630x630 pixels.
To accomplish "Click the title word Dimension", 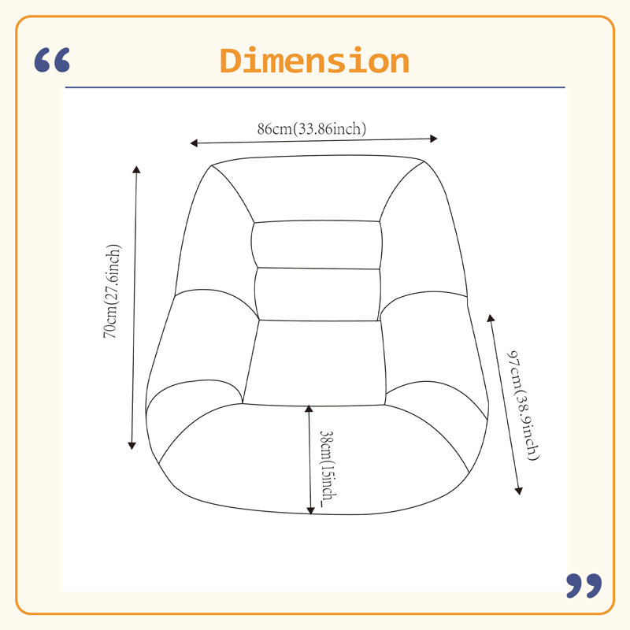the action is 314,61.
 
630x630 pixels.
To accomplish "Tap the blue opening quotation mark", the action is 52,61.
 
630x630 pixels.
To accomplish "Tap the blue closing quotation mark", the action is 584,586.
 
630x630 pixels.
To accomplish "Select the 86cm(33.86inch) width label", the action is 312,128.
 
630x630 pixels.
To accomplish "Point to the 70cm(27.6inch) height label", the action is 112,291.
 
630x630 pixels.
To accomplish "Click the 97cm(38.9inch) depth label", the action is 522,405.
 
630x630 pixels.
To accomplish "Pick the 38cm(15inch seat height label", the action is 328,468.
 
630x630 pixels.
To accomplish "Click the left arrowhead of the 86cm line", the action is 194,143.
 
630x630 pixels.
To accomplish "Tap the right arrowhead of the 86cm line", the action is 434,139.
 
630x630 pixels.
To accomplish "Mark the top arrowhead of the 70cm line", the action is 136,169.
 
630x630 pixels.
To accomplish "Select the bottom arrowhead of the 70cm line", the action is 132,446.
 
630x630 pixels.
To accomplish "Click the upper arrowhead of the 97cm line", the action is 491,318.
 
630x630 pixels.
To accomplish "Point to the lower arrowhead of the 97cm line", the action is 519,491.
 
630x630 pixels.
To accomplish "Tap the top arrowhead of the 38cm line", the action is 309,409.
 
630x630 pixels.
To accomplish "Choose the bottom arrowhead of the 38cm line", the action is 310,510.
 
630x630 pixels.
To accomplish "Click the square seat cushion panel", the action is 314,363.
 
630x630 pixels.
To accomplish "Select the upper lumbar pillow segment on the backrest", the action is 317,244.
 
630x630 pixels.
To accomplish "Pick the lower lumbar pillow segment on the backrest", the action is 317,295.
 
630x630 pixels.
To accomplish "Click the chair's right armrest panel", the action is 434,346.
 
